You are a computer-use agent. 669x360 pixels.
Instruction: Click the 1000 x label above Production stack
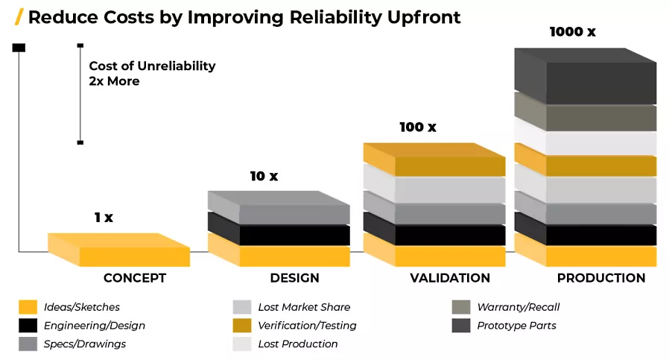click(573, 31)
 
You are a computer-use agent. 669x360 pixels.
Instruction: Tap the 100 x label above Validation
click(418, 127)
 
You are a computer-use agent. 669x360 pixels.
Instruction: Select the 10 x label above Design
click(264, 176)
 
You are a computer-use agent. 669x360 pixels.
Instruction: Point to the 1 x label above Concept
click(104, 218)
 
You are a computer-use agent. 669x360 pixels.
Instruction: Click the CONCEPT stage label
click(134, 278)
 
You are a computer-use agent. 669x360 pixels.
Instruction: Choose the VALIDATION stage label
click(450, 278)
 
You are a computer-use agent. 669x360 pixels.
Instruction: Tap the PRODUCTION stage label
click(601, 278)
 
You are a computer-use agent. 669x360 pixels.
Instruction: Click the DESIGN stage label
click(294, 278)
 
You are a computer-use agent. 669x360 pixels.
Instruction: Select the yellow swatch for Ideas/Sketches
click(28, 307)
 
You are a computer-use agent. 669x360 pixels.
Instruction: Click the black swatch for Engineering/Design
click(28, 326)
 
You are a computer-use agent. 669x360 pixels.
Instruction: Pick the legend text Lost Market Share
click(304, 307)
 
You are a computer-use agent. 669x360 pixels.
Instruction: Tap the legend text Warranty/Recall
click(518, 307)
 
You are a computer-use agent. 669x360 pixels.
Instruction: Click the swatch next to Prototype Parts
click(461, 326)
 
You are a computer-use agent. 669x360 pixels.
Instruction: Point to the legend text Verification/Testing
click(307, 326)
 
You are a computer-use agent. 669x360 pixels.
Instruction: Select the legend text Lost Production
click(298, 344)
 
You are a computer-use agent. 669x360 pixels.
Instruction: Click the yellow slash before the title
click(19, 17)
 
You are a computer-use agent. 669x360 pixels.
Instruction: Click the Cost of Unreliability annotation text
click(152, 74)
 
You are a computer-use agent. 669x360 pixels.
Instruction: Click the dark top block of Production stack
click(586, 76)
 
